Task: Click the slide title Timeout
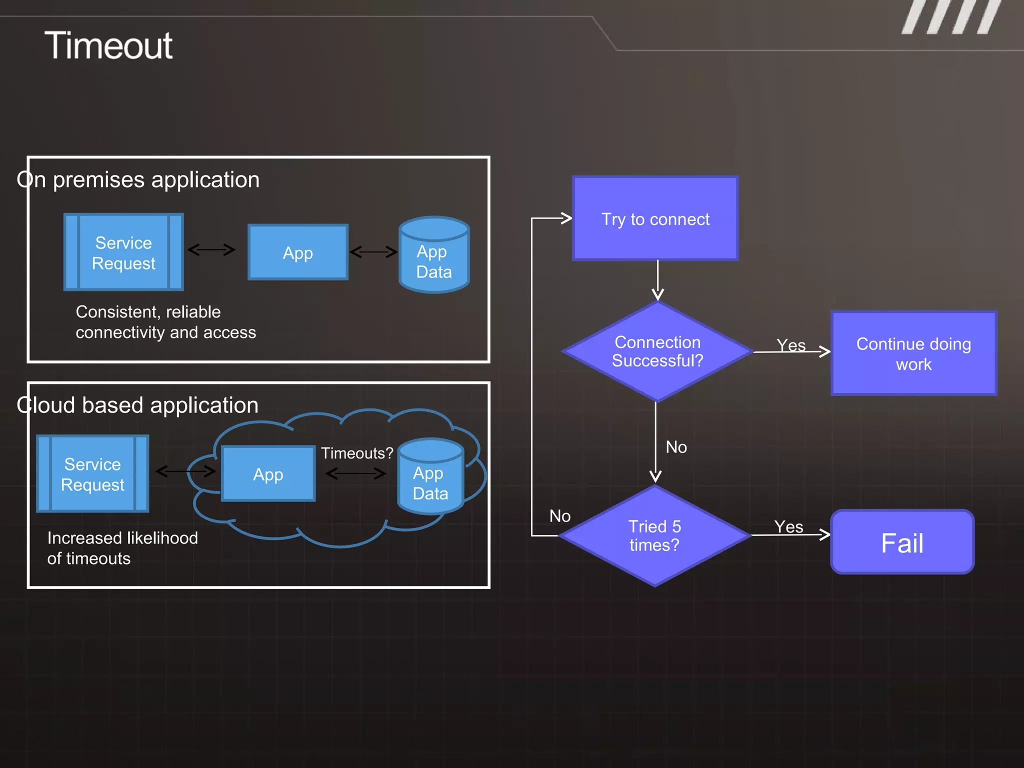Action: point(108,45)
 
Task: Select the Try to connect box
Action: point(655,218)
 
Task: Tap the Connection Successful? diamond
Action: point(657,351)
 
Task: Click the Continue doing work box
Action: point(913,353)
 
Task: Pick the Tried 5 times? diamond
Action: point(654,535)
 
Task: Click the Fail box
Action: point(902,542)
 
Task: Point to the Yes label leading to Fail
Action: point(788,526)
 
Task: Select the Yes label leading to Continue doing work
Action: point(791,345)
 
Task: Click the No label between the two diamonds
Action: point(676,447)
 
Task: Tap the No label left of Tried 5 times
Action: point(560,516)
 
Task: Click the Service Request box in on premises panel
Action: point(123,252)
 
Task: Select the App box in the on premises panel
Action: point(298,252)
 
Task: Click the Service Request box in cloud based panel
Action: point(92,474)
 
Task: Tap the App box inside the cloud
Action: point(268,474)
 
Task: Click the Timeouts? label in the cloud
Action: point(357,453)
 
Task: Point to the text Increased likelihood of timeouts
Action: point(122,548)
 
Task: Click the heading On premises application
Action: point(138,179)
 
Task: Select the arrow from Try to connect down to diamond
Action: point(657,280)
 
